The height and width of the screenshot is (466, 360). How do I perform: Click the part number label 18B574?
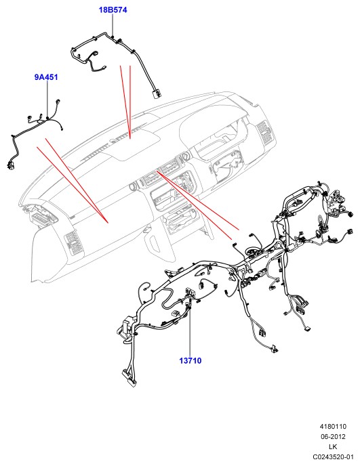pyautogui.click(x=113, y=9)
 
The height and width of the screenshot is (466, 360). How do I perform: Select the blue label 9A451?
pyautogui.click(x=46, y=77)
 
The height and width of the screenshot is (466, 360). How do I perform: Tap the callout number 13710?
pyautogui.click(x=191, y=361)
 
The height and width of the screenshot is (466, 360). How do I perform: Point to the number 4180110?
pyautogui.click(x=334, y=427)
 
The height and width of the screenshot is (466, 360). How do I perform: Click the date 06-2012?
pyautogui.click(x=334, y=437)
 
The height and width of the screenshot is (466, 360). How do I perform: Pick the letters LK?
pyautogui.click(x=333, y=446)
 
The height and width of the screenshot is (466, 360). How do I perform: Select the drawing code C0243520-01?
pyautogui.click(x=334, y=457)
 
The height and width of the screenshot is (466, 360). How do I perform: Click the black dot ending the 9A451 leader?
pyautogui.click(x=47, y=118)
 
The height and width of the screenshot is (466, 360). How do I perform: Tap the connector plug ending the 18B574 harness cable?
pyautogui.click(x=156, y=94)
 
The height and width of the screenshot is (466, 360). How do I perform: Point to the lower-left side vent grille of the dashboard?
pyautogui.click(x=73, y=242)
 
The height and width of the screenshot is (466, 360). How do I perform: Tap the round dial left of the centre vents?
pyautogui.click(x=133, y=187)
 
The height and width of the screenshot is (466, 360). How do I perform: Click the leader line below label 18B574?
pyautogui.click(x=113, y=25)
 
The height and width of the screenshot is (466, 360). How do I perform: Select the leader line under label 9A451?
pyautogui.click(x=47, y=99)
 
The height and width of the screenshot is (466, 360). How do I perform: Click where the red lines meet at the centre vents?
pyautogui.click(x=157, y=171)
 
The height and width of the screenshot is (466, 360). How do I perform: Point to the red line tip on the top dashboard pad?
pyautogui.click(x=130, y=138)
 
